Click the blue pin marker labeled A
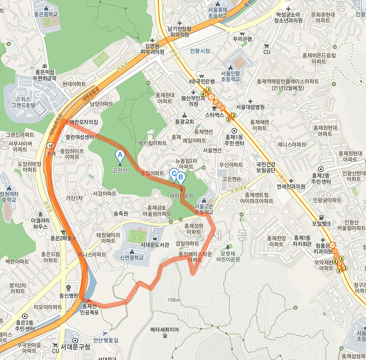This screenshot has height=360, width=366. coord(119,155)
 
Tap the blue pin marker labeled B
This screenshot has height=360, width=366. coord(180,177)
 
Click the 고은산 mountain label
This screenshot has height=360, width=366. coord(120,170)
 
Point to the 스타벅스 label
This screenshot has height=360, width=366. coord(214,115)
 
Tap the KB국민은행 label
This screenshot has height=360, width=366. coord(202,81)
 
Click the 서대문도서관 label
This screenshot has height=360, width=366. coord(155,245)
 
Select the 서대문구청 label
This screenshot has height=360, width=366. coord(75,346)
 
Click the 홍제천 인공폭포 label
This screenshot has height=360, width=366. coord(90,309)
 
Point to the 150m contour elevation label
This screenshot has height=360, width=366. coord(173,300)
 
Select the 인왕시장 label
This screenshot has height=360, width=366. coord(200,51)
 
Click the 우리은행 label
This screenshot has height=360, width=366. coord(242,39)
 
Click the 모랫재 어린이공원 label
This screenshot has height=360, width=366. coord(228,256)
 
